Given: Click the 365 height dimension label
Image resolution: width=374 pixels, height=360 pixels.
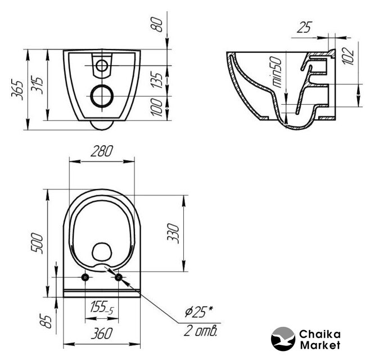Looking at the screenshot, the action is point(17,90).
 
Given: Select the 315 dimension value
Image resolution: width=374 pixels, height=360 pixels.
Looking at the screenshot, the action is point(37,85).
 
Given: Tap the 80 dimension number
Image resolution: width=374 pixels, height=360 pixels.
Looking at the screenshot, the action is point(157,25).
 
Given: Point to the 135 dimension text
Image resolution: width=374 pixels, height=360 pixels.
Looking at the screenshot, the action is point(157,80).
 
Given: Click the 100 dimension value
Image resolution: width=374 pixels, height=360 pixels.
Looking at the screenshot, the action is point(157,107).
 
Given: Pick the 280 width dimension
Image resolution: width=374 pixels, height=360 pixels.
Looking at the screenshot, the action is point(102,151).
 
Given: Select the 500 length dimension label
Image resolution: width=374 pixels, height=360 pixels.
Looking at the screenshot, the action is point(37,244).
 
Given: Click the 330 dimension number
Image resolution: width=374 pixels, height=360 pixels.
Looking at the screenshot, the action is point(173,233).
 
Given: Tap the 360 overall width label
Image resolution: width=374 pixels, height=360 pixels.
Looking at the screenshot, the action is point(102,334).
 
